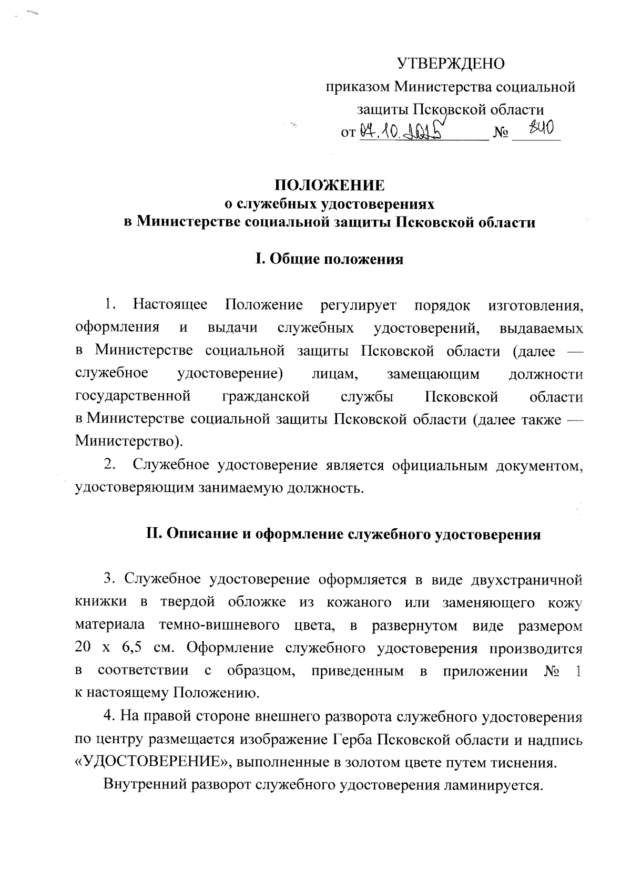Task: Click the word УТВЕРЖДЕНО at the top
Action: click(x=450, y=64)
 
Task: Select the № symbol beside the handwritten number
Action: click(x=501, y=134)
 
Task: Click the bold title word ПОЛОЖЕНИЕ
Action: click(x=330, y=186)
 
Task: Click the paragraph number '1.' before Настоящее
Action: click(x=109, y=304)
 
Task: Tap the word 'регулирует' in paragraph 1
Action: click(x=358, y=305)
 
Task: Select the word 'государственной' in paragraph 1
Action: click(x=133, y=396)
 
